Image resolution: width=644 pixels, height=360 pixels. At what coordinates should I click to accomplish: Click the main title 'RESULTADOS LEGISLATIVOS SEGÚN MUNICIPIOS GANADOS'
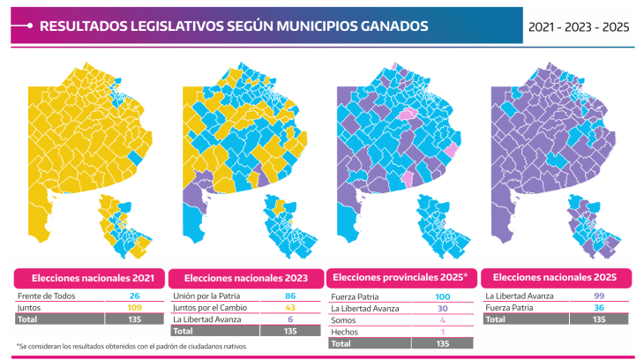[234, 26]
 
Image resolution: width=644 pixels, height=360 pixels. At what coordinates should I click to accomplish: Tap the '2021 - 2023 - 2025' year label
[579, 27]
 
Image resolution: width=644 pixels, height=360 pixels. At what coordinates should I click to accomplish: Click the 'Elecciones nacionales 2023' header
[246, 279]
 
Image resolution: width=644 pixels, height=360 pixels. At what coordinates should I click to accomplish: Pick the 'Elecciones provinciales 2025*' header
[402, 279]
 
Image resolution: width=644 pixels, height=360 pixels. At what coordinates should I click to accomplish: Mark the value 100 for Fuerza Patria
[444, 296]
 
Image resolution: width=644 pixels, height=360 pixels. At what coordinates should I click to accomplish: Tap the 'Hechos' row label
[343, 331]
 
